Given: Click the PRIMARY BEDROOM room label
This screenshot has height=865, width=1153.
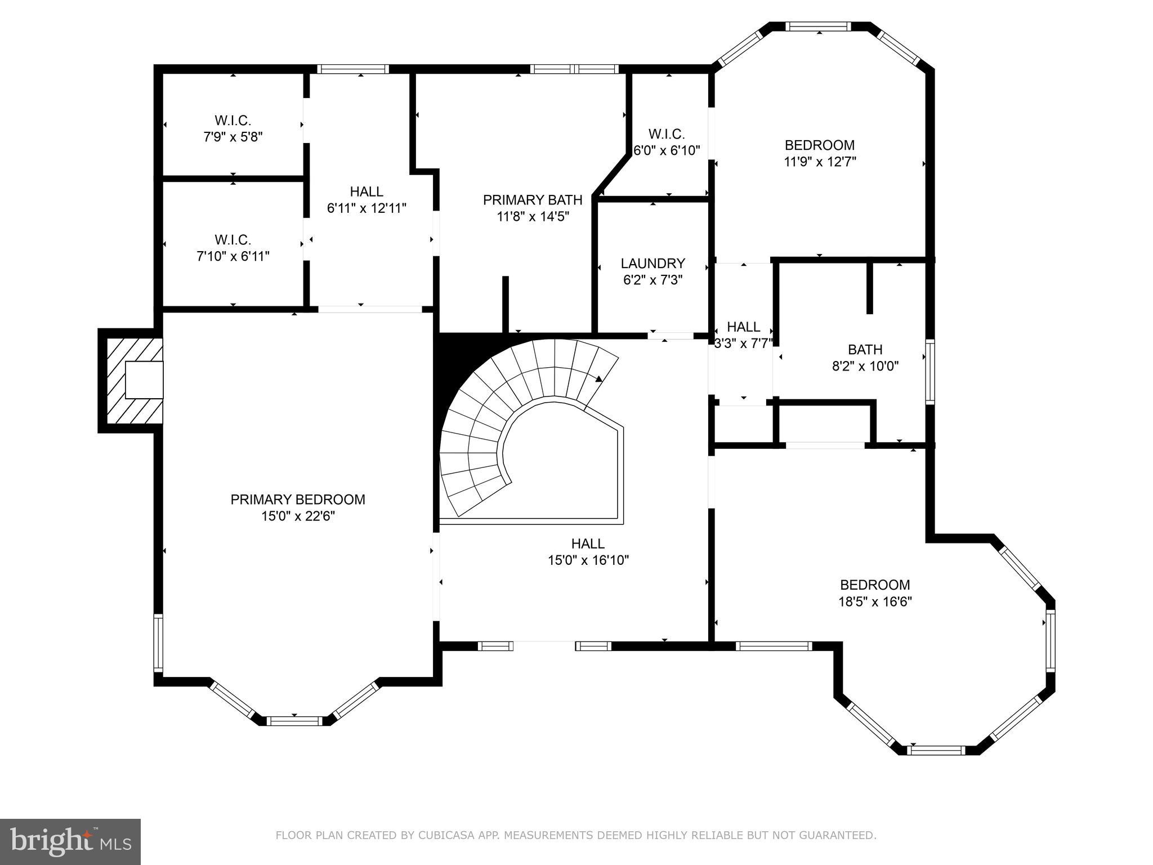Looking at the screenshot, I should (x=298, y=500).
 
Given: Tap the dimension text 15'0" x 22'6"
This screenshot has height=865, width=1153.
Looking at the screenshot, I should (x=298, y=516).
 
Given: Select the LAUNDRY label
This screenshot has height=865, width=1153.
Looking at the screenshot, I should (x=653, y=264).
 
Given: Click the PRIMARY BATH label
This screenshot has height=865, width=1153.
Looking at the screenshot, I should (x=533, y=200).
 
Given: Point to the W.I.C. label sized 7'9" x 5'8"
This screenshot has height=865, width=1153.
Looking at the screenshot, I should (x=233, y=121).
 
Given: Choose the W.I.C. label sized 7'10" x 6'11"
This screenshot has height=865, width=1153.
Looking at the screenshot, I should (x=233, y=240).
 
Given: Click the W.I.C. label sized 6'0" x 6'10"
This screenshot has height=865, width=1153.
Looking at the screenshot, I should (x=667, y=134).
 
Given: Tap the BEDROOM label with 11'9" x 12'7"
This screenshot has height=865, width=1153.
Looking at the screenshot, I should (x=820, y=145).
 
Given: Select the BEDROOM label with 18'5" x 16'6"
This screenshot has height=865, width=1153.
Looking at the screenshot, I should (x=875, y=585).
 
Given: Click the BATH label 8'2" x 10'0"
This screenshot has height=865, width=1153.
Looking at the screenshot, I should (x=865, y=350).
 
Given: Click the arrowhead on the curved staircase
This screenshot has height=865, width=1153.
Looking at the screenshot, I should (x=598, y=379).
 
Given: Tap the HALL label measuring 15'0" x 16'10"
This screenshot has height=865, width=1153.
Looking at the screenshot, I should (x=588, y=543).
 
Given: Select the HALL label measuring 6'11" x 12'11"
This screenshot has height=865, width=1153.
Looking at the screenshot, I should (x=367, y=191).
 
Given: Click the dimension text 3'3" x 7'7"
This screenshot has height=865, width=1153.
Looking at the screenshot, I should (x=743, y=344).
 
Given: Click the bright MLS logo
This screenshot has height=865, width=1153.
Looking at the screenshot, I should (x=70, y=841).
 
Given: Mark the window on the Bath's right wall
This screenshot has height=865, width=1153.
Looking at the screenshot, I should (x=930, y=371).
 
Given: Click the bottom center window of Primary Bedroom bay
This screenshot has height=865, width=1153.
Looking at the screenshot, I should (x=294, y=721).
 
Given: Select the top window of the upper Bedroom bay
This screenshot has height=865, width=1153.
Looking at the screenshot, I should (x=819, y=26).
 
